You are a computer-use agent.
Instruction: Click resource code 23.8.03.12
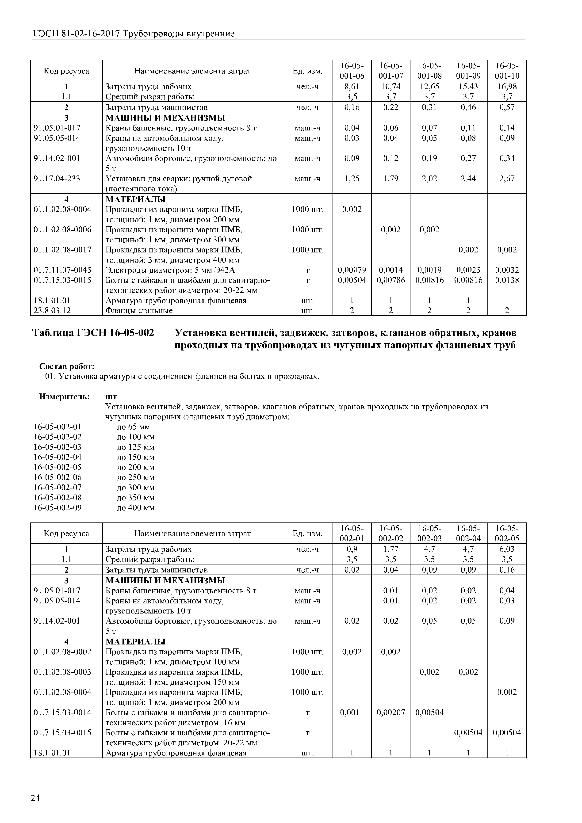pos(52,310)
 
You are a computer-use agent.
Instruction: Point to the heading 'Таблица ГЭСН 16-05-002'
pos(93,333)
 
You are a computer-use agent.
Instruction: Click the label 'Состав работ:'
pos(67,366)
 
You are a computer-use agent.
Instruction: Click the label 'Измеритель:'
pos(64,396)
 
